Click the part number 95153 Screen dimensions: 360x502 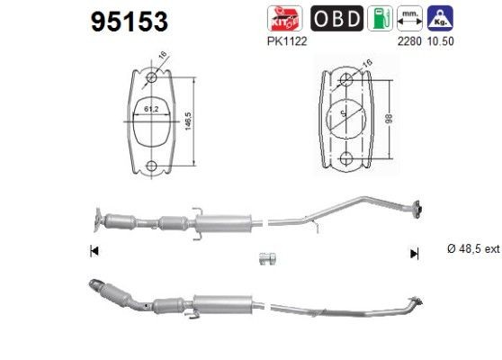(129, 20)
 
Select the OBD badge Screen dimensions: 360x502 (337, 18)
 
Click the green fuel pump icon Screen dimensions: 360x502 (381, 18)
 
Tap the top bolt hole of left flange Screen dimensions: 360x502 (151, 78)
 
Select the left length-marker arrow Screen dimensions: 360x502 (94, 252)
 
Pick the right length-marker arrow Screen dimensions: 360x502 (414, 254)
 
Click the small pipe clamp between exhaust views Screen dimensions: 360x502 (266, 261)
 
